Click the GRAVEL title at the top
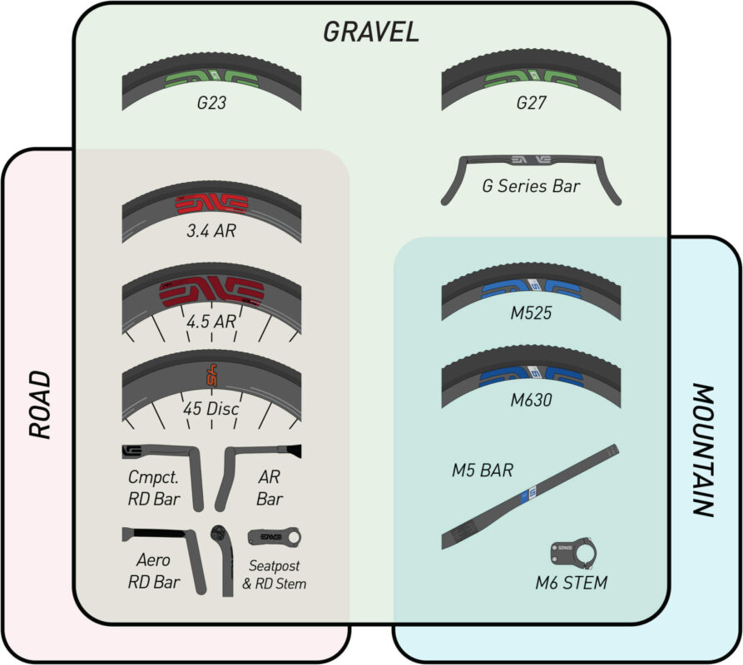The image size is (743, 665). pyautogui.click(x=370, y=31)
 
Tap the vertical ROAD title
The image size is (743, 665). pyautogui.click(x=40, y=405)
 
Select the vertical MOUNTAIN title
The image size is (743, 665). pyautogui.click(x=703, y=450)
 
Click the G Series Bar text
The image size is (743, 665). pyautogui.click(x=531, y=185)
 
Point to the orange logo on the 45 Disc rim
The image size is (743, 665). pyautogui.click(x=211, y=377)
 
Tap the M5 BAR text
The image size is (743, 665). pyautogui.click(x=483, y=470)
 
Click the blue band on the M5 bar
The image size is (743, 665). pyautogui.click(x=524, y=498)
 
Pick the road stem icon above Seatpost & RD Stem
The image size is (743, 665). pyautogui.click(x=274, y=538)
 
